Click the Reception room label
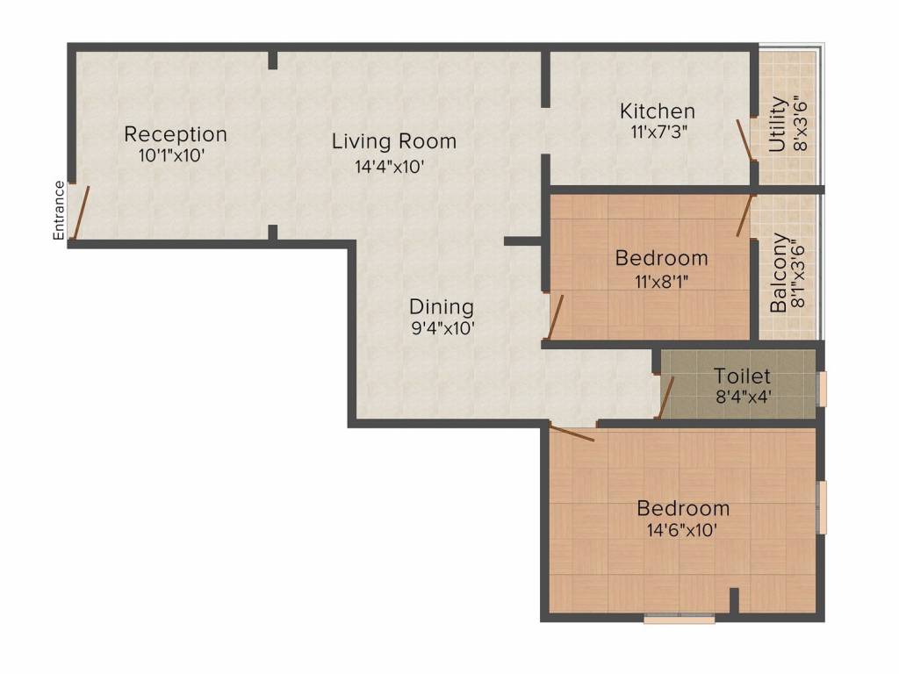[176, 134]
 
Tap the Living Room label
[394, 141]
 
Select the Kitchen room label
[658, 111]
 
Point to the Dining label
[442, 307]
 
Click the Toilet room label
[742, 376]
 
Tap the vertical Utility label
[778, 125]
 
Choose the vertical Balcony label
[779, 273]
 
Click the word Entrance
[59, 211]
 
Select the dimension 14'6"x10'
[682, 529]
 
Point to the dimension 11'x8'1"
[661, 282]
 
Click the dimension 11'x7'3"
[658, 132]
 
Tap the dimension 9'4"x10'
[442, 328]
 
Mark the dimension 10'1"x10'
[172, 155]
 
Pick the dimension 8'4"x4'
[743, 396]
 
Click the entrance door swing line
[80, 212]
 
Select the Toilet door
[665, 398]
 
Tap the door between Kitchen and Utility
[744, 140]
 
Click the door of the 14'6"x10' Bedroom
[572, 432]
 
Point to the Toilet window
[822, 389]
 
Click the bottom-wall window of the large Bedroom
[680, 619]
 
